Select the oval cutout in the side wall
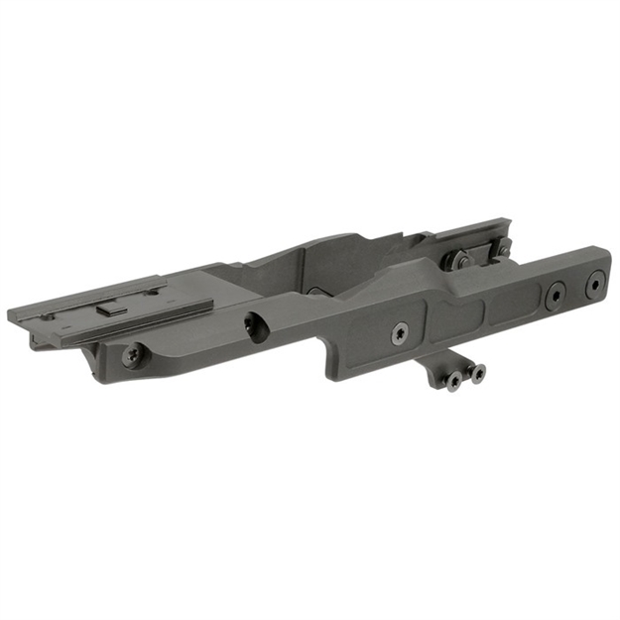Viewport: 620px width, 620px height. tap(256, 326)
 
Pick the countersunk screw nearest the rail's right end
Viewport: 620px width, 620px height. tap(594, 285)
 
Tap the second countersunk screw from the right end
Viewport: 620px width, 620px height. tap(554, 295)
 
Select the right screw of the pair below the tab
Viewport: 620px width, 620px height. tap(477, 373)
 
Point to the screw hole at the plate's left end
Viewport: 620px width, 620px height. tap(48, 316)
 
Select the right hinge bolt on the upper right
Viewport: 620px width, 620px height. tap(501, 248)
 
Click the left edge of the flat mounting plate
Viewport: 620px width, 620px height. tap(12, 317)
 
